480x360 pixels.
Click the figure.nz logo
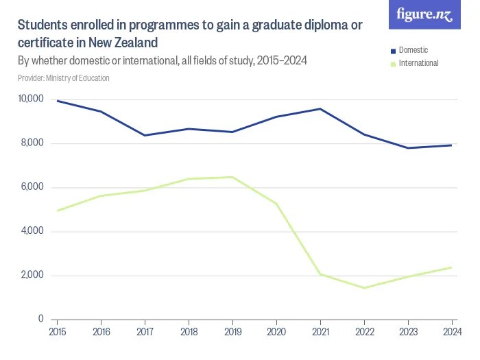pyautogui.click(x=425, y=15)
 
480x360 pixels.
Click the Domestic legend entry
pyautogui.click(x=413, y=50)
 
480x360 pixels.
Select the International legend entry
pyautogui.click(x=418, y=63)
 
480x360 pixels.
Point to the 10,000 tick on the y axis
pyautogui.click(x=31, y=99)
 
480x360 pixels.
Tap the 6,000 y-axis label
pyautogui.click(x=32, y=187)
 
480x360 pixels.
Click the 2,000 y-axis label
pyautogui.click(x=32, y=275)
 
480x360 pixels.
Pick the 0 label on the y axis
pyautogui.click(x=40, y=319)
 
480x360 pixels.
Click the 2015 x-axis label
pyautogui.click(x=57, y=333)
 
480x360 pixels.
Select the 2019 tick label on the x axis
pyautogui.click(x=232, y=333)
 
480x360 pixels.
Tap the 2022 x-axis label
pyautogui.click(x=364, y=333)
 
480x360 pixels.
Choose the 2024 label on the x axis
pyautogui.click(x=452, y=333)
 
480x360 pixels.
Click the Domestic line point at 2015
pyautogui.click(x=57, y=101)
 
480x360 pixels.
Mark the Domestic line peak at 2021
pyautogui.click(x=320, y=109)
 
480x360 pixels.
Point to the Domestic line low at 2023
pyautogui.click(x=408, y=148)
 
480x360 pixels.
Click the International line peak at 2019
pyautogui.click(x=232, y=177)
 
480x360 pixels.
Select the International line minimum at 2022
pyautogui.click(x=364, y=288)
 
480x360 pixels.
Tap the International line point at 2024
pyautogui.click(x=452, y=267)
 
